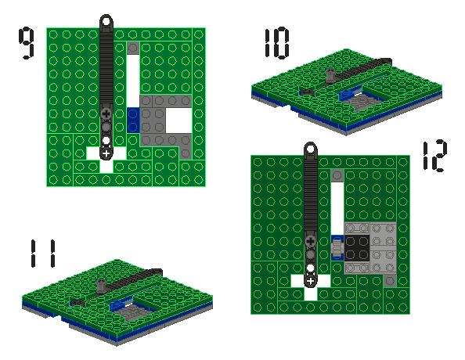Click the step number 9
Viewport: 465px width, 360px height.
click(x=27, y=43)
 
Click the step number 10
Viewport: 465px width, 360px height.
click(x=276, y=42)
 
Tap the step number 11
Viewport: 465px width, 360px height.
click(x=43, y=254)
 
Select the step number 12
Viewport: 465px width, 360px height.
click(x=434, y=156)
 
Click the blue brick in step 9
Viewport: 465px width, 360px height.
click(x=133, y=120)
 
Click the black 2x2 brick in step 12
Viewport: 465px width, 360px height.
click(x=357, y=249)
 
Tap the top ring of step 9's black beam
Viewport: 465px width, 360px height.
click(x=106, y=21)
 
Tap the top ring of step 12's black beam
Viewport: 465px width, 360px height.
click(x=311, y=149)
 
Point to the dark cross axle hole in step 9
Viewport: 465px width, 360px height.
click(x=106, y=113)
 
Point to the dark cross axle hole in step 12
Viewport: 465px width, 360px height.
click(x=311, y=241)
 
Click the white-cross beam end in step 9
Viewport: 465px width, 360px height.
click(x=106, y=153)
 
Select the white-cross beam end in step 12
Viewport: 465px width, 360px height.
click(x=311, y=281)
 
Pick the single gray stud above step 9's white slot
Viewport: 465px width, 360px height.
click(x=133, y=48)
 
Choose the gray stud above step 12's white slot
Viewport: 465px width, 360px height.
click(x=337, y=176)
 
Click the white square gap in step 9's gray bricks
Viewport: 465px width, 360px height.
click(x=178, y=120)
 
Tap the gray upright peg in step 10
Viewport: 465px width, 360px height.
click(x=330, y=76)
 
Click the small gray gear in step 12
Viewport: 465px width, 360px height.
click(x=337, y=247)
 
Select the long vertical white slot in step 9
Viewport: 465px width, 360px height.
click(x=133, y=81)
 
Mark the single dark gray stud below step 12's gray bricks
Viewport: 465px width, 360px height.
click(x=391, y=280)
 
